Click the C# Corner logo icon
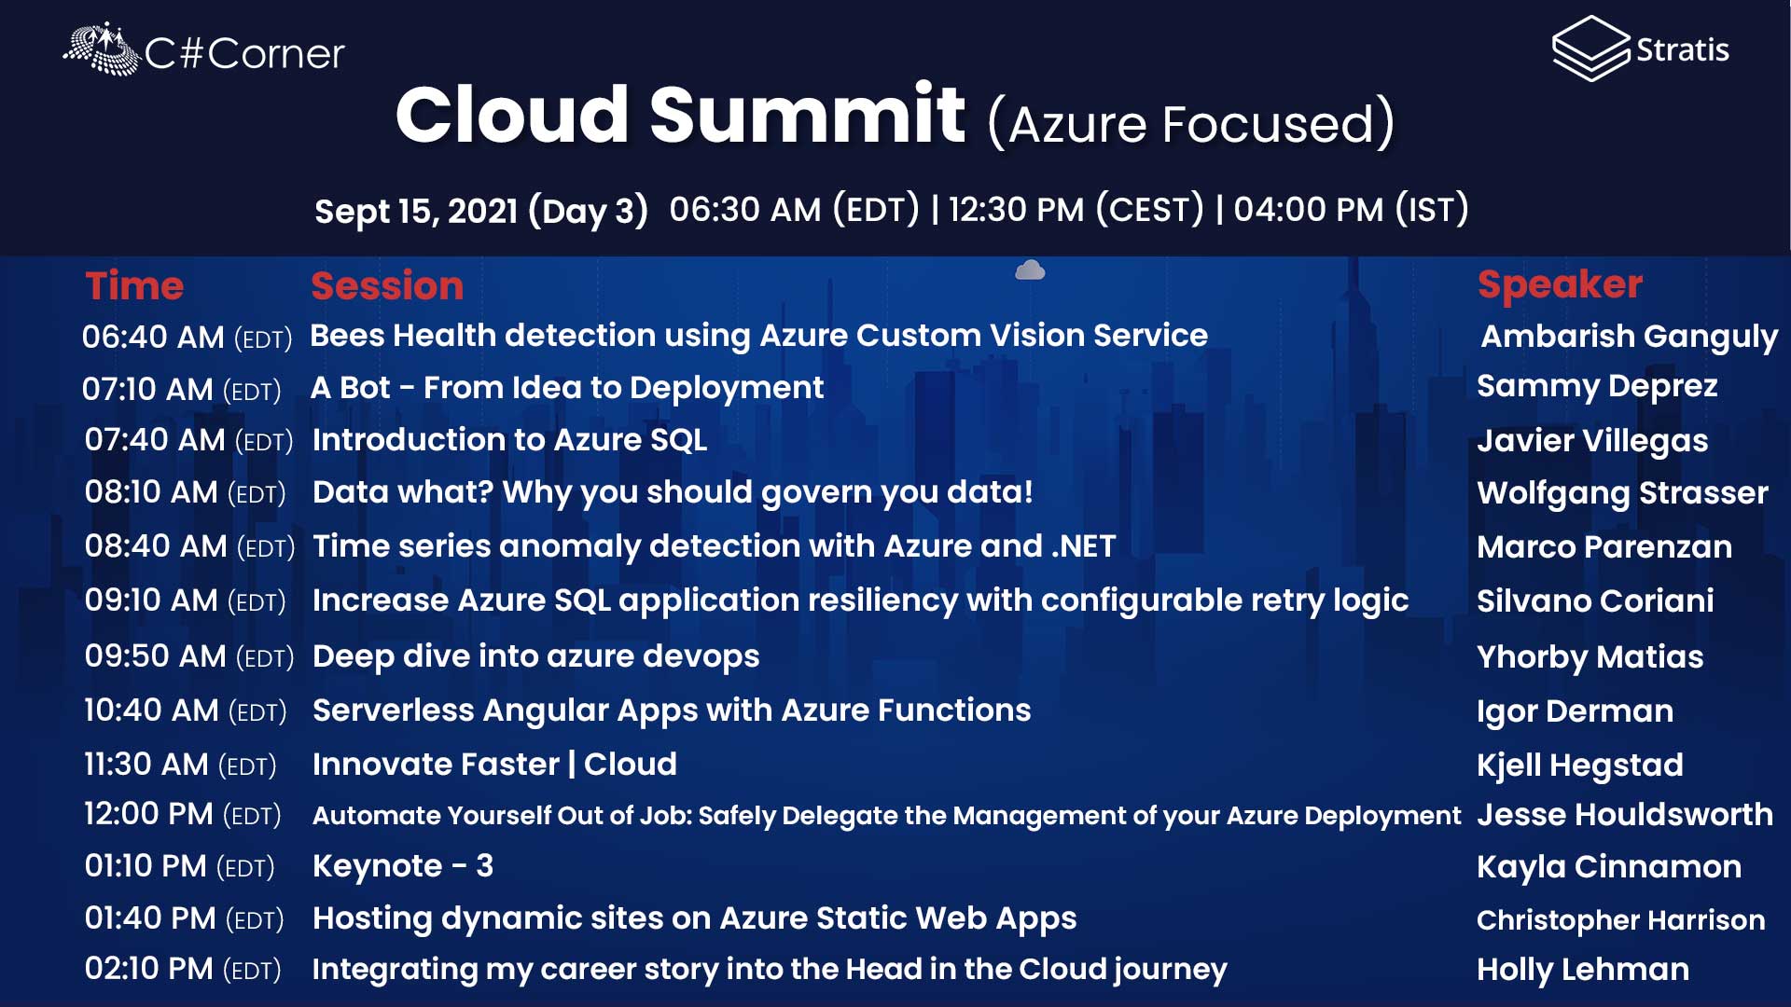[101, 48]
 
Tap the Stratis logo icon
[1591, 48]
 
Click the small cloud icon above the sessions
[1030, 270]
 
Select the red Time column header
[134, 286]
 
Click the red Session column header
[387, 286]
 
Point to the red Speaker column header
[1560, 285]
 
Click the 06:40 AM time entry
[187, 337]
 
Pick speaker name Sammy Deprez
[1597, 387]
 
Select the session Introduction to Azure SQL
[509, 440]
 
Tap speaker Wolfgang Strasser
[1622, 493]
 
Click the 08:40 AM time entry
[189, 546]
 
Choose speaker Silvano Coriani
[1595, 601]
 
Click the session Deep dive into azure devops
[536, 656]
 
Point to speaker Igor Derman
[1575, 711]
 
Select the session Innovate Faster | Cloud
[494, 765]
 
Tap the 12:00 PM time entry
[183, 814]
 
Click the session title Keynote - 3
[403, 866]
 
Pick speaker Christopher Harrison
[1621, 920]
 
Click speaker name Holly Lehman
[1583, 970]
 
